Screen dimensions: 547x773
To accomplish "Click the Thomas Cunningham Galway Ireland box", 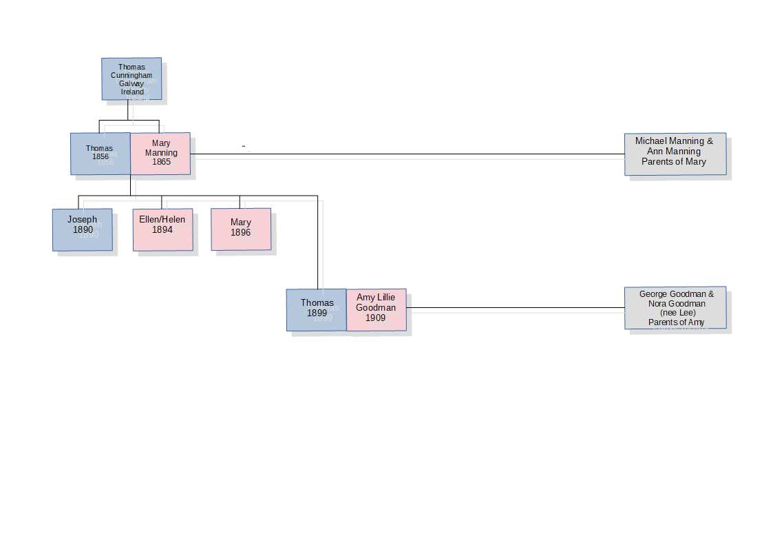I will click(x=131, y=79).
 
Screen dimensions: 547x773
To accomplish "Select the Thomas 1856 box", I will click(x=100, y=153).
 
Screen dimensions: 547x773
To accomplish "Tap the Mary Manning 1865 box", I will click(x=160, y=153).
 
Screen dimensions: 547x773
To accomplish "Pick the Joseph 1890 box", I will click(x=82, y=229).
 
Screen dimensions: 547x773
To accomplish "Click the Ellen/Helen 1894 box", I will click(x=162, y=229).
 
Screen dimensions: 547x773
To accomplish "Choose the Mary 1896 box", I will click(x=241, y=229).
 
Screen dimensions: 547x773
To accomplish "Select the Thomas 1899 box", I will click(x=317, y=309).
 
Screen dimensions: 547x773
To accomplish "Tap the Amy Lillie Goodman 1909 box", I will click(x=376, y=309).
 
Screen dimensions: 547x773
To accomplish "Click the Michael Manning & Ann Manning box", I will click(x=675, y=154).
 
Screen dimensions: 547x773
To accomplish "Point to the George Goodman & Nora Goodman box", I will click(x=675, y=307).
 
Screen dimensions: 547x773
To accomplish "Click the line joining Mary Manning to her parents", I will click(x=406, y=154).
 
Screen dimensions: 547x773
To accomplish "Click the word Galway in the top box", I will click(x=131, y=83).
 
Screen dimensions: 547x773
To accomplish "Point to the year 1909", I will click(x=376, y=318).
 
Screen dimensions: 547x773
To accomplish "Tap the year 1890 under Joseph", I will click(x=83, y=229).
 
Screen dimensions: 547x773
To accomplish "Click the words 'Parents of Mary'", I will click(x=674, y=162).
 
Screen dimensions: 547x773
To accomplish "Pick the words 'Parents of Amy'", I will click(x=676, y=322).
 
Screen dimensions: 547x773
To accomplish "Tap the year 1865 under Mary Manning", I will click(x=162, y=162).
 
